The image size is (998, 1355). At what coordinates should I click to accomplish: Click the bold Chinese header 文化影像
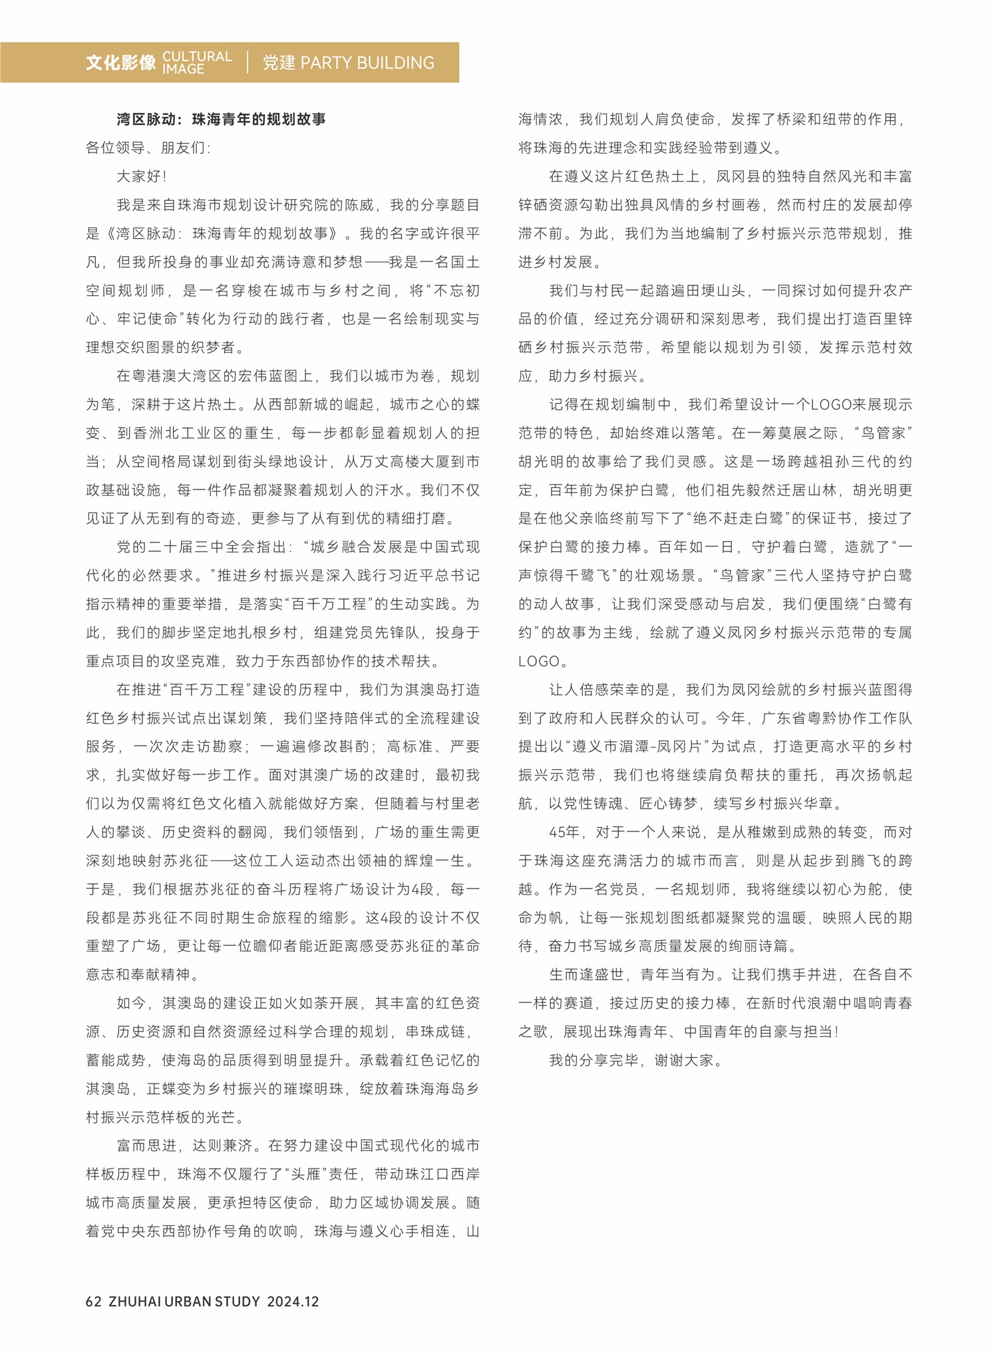tap(120, 63)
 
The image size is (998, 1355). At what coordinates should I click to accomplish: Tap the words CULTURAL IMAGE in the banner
tap(197, 63)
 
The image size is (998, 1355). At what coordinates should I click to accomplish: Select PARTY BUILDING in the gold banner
tap(367, 63)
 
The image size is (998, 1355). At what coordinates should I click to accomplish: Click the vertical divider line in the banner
tap(248, 63)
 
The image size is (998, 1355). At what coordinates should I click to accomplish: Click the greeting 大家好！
tap(142, 176)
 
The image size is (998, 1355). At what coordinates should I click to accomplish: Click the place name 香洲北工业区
tap(179, 433)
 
